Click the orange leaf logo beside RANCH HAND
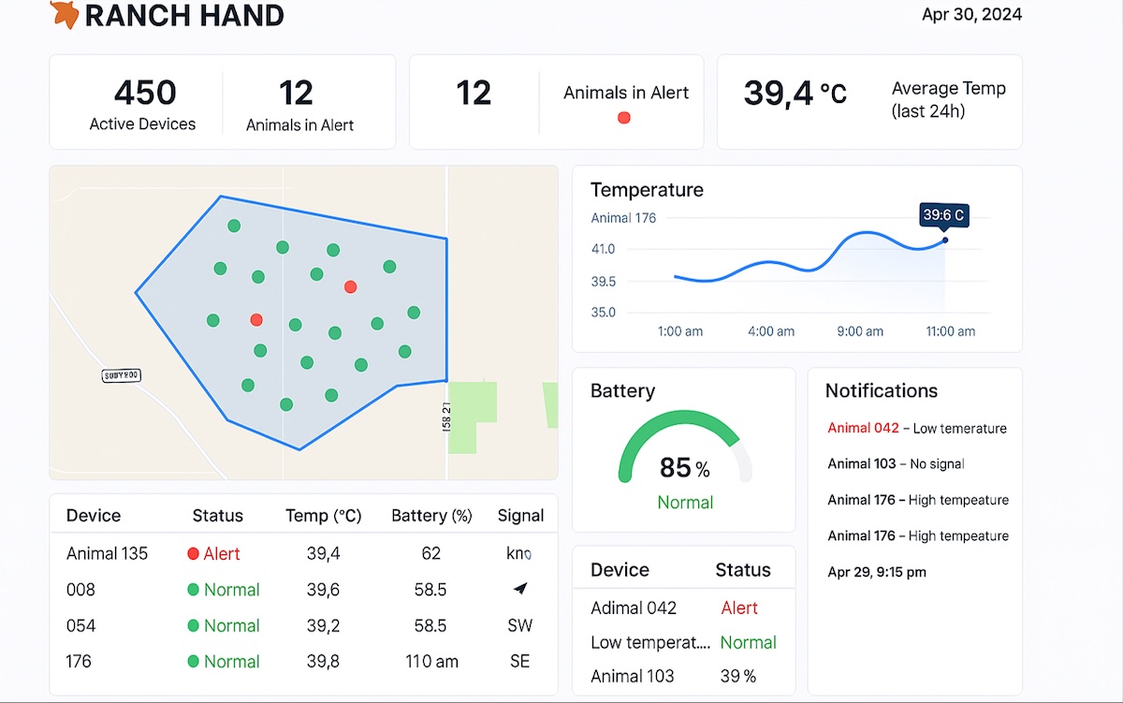point(64,14)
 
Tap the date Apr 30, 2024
point(971,14)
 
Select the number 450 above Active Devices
point(144,93)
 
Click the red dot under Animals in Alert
point(624,118)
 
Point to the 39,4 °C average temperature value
point(795,93)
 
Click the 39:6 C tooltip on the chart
point(943,215)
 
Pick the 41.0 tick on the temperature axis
point(604,249)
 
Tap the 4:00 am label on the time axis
point(771,331)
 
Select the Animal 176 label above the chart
point(623,218)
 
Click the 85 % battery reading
point(684,467)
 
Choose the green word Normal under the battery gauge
point(685,503)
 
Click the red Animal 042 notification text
point(863,429)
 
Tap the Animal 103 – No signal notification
point(896,464)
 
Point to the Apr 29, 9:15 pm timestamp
point(877,572)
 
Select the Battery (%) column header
point(431,516)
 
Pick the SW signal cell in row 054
point(520,625)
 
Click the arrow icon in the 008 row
point(520,589)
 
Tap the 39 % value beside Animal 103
point(737,677)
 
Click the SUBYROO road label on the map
point(121,375)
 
